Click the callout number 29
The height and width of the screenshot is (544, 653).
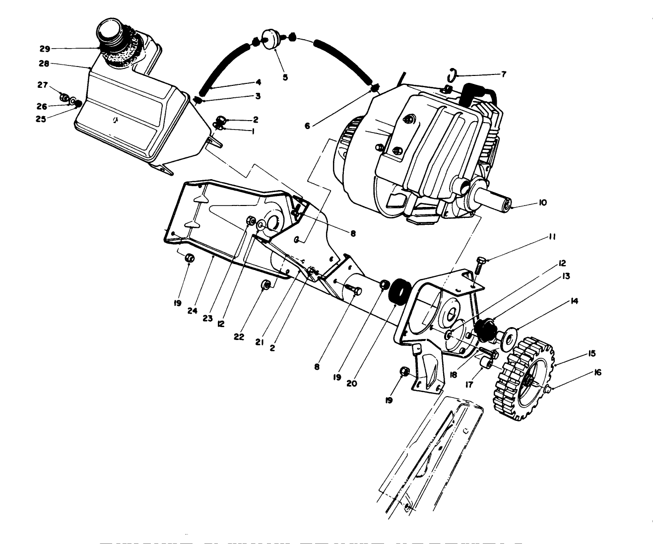click(x=45, y=49)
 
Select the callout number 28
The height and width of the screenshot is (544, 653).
click(x=45, y=64)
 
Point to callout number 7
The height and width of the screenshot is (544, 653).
click(x=504, y=74)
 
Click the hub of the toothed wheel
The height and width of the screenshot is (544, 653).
click(x=530, y=381)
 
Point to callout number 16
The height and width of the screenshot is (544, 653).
click(x=597, y=372)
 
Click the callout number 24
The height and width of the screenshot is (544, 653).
click(x=193, y=311)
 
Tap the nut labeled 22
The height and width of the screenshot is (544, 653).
click(x=265, y=285)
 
